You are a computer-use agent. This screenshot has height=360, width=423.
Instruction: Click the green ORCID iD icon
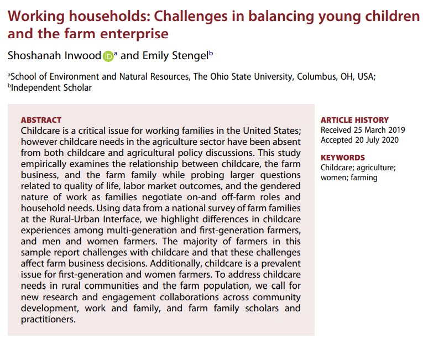tap(108, 55)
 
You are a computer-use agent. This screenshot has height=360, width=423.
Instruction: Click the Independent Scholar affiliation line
tap(50, 87)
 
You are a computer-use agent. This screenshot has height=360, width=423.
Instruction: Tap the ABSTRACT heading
tap(41, 120)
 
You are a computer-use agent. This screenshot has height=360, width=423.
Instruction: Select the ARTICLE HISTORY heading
tap(354, 120)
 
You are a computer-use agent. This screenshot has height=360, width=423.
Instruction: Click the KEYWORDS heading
tap(343, 158)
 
